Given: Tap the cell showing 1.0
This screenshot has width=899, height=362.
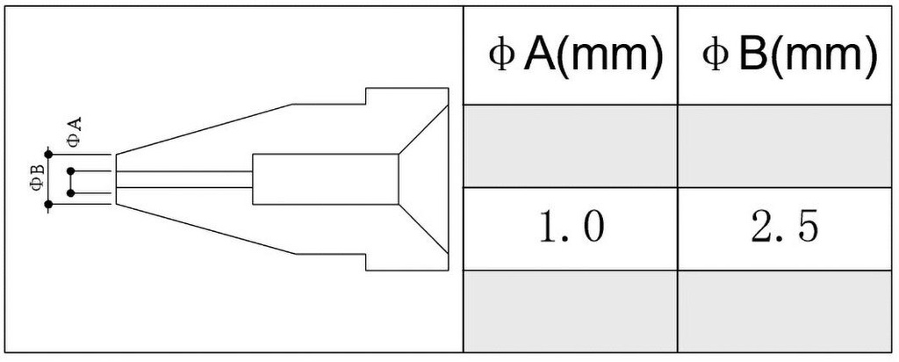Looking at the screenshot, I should (x=572, y=228).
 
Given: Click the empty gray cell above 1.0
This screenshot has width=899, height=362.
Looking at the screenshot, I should (x=572, y=146).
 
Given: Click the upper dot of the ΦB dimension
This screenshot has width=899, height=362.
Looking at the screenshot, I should (x=48, y=155).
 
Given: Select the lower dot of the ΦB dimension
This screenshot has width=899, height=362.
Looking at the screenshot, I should (x=48, y=205).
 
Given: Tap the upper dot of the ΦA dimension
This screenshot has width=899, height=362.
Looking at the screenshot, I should (x=69, y=170).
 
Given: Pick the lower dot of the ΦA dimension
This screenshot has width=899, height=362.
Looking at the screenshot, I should (x=69, y=192).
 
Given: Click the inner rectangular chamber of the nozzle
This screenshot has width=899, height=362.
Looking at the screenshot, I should (x=325, y=179).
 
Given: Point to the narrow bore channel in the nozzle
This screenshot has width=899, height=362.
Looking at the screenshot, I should (x=184, y=180).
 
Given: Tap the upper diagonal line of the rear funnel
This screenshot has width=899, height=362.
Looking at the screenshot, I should (x=423, y=125).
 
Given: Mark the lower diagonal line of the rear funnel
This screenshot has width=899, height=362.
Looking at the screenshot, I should (x=423, y=235).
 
